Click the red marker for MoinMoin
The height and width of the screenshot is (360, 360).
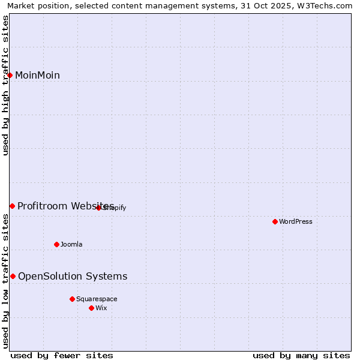[x=10, y=75]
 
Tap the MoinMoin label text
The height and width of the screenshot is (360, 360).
[x=37, y=75]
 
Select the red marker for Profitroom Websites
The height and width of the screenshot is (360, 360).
[x=12, y=206]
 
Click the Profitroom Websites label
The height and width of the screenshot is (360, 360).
[x=65, y=206]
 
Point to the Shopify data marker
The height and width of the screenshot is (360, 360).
[x=99, y=208]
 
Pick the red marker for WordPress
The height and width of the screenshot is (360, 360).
[x=275, y=221]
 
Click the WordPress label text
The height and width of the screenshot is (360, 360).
[x=295, y=221]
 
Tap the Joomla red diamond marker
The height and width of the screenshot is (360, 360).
[x=57, y=244]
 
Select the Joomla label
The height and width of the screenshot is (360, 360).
[x=71, y=244]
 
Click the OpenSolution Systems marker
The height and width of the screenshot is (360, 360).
[x=13, y=276]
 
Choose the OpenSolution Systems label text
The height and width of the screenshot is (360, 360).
[x=73, y=276]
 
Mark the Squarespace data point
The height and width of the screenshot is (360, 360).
[x=72, y=299]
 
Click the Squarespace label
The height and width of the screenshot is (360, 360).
[x=97, y=299]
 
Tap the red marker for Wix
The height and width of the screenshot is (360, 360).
[x=91, y=308]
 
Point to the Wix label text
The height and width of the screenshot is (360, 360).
[x=101, y=308]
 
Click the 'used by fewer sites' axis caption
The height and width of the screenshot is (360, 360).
[x=62, y=355]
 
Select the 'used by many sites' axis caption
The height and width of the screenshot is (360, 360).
[x=301, y=355]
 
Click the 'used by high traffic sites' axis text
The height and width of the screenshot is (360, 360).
[x=6, y=85]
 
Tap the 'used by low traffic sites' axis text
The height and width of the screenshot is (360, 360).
[x=6, y=281]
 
